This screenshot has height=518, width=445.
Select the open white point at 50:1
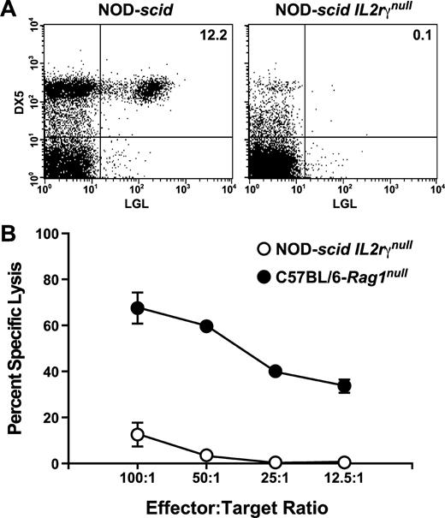tap(206, 455)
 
